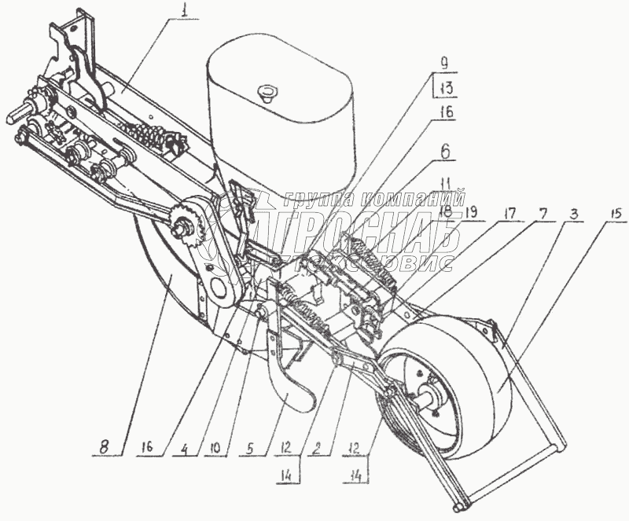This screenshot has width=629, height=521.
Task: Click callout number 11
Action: [x=446, y=181]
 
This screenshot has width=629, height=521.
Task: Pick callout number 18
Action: [x=444, y=211]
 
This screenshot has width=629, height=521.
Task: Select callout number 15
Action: [x=612, y=212]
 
